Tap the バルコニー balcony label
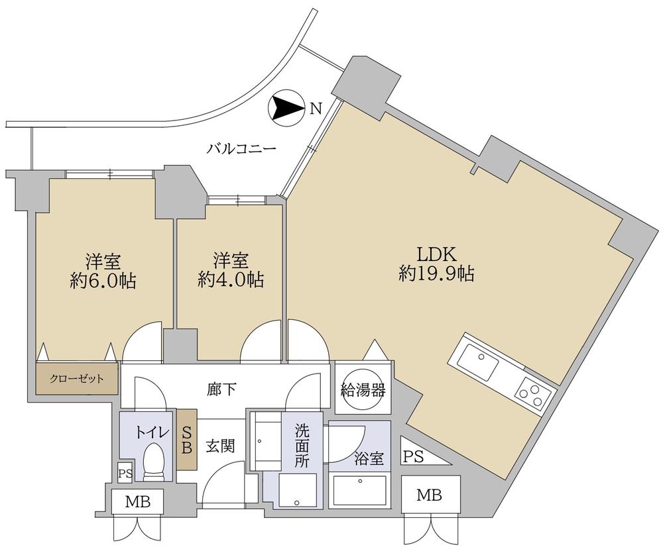click(x=241, y=149)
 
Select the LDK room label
click(x=435, y=254)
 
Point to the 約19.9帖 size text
click(x=436, y=274)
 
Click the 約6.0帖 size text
click(x=103, y=281)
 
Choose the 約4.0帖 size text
click(x=231, y=279)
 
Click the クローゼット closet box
click(x=78, y=379)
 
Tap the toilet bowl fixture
click(x=154, y=463)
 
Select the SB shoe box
click(x=186, y=439)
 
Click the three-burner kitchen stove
click(x=534, y=392)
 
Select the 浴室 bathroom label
click(x=369, y=458)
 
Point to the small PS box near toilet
click(x=125, y=473)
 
